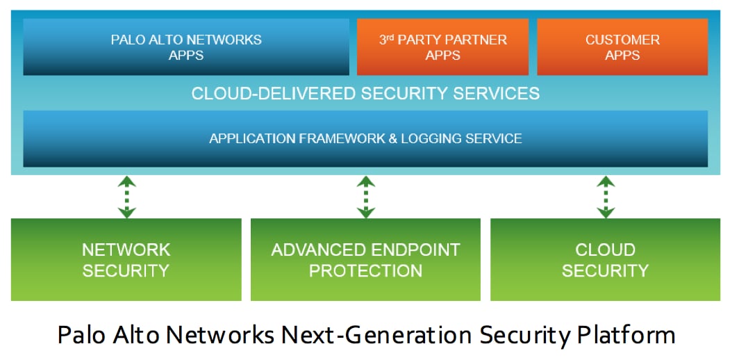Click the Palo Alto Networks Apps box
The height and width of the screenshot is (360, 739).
186,47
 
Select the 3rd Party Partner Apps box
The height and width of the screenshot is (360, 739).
442,47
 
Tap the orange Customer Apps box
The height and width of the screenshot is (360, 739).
622,47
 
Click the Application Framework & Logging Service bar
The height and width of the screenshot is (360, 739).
365,138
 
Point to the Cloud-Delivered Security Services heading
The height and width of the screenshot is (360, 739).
365,93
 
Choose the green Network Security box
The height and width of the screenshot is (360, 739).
126,259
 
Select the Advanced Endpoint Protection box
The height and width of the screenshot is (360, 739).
365,259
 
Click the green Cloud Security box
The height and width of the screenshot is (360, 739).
605,259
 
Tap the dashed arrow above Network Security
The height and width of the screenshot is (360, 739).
126,197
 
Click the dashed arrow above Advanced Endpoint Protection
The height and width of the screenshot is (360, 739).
366,197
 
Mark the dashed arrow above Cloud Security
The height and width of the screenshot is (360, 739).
606,197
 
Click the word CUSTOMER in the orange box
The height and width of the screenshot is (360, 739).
622,40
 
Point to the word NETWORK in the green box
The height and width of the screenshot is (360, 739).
126,249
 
